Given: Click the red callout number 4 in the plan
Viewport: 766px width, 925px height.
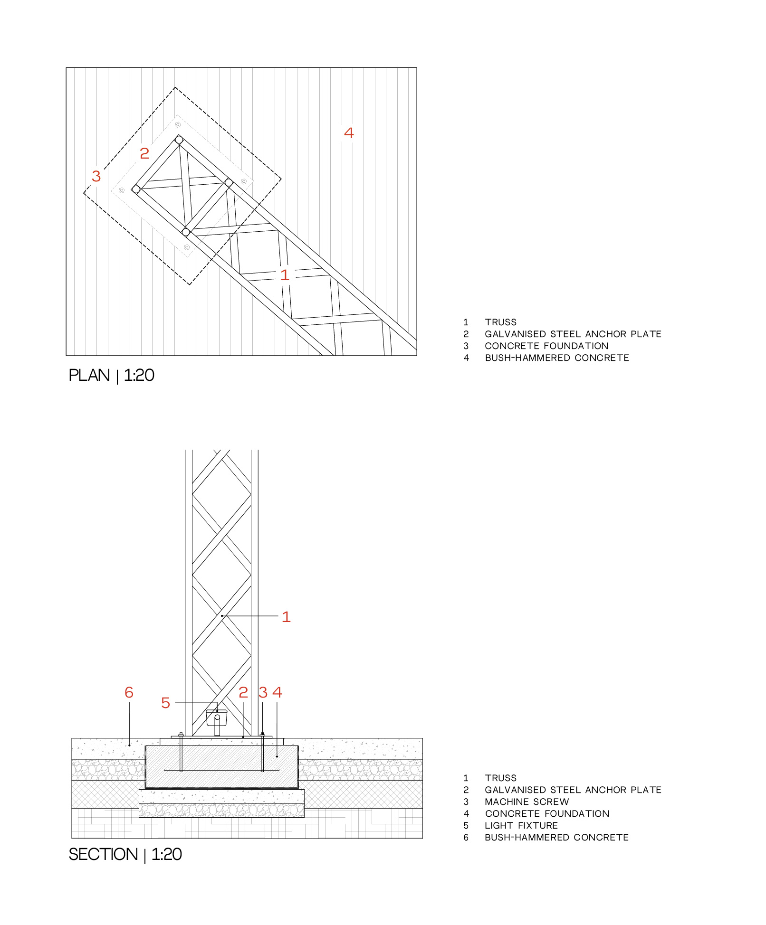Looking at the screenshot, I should pyautogui.click(x=349, y=133).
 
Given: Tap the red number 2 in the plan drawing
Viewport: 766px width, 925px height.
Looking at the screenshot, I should pyautogui.click(x=144, y=153).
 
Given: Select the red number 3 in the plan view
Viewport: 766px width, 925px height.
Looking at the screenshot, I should pyautogui.click(x=96, y=176).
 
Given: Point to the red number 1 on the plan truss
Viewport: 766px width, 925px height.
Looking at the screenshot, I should pyautogui.click(x=285, y=275).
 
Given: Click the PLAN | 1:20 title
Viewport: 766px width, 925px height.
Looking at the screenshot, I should pyautogui.click(x=111, y=375).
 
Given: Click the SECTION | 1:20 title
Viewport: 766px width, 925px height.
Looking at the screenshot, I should pyautogui.click(x=125, y=854).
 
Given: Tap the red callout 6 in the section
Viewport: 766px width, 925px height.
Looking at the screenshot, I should pyautogui.click(x=129, y=692).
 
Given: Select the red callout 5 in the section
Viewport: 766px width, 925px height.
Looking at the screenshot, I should pyautogui.click(x=165, y=703).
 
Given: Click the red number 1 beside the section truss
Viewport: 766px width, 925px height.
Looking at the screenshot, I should pyautogui.click(x=286, y=617).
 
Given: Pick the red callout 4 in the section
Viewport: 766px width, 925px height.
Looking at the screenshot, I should pyautogui.click(x=278, y=692).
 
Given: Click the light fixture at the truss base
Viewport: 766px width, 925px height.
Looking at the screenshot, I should pyautogui.click(x=217, y=718).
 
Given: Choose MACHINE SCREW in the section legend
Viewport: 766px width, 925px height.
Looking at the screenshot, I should pyautogui.click(x=527, y=802).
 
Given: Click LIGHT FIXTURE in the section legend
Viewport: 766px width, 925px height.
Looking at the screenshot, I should pyautogui.click(x=521, y=825).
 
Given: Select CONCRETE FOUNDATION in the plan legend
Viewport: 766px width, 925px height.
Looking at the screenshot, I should pyautogui.click(x=546, y=346).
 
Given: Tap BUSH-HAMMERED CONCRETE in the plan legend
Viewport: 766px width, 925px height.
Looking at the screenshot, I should pyautogui.click(x=556, y=358).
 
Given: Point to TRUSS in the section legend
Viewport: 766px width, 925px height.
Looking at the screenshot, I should pyautogui.click(x=500, y=778).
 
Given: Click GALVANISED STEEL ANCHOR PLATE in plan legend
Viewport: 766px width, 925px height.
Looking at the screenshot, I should pyautogui.click(x=573, y=334).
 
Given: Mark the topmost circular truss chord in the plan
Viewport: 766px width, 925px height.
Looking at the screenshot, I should pyautogui.click(x=179, y=140).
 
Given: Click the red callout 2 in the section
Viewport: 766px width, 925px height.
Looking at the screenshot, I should pyautogui.click(x=243, y=692).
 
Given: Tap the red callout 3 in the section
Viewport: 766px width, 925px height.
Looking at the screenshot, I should pyautogui.click(x=263, y=692).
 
